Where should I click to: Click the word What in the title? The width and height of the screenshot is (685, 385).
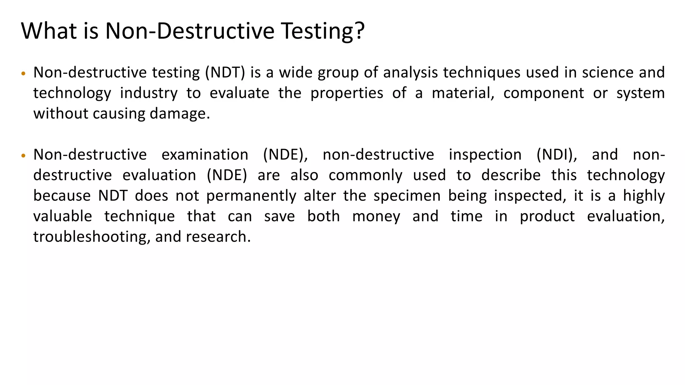(x=49, y=31)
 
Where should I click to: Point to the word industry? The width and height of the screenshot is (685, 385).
(x=149, y=93)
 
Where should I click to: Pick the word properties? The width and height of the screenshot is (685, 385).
(x=347, y=93)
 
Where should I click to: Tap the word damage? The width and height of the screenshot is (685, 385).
(x=180, y=114)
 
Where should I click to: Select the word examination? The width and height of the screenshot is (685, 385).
(x=205, y=155)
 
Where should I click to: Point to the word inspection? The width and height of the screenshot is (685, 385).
(x=485, y=155)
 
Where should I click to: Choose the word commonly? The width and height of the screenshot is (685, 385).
(x=366, y=175)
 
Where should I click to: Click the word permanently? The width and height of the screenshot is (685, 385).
(x=251, y=196)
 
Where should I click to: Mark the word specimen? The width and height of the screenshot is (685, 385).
(x=407, y=196)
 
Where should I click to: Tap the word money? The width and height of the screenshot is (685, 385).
(x=376, y=216)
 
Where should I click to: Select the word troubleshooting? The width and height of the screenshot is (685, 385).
(x=90, y=237)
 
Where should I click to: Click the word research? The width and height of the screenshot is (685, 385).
(x=218, y=237)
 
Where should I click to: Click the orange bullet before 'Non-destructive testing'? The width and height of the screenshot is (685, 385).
(x=23, y=74)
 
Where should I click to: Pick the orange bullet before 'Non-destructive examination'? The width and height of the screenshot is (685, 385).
(x=23, y=156)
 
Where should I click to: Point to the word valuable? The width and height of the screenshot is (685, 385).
(x=63, y=216)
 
